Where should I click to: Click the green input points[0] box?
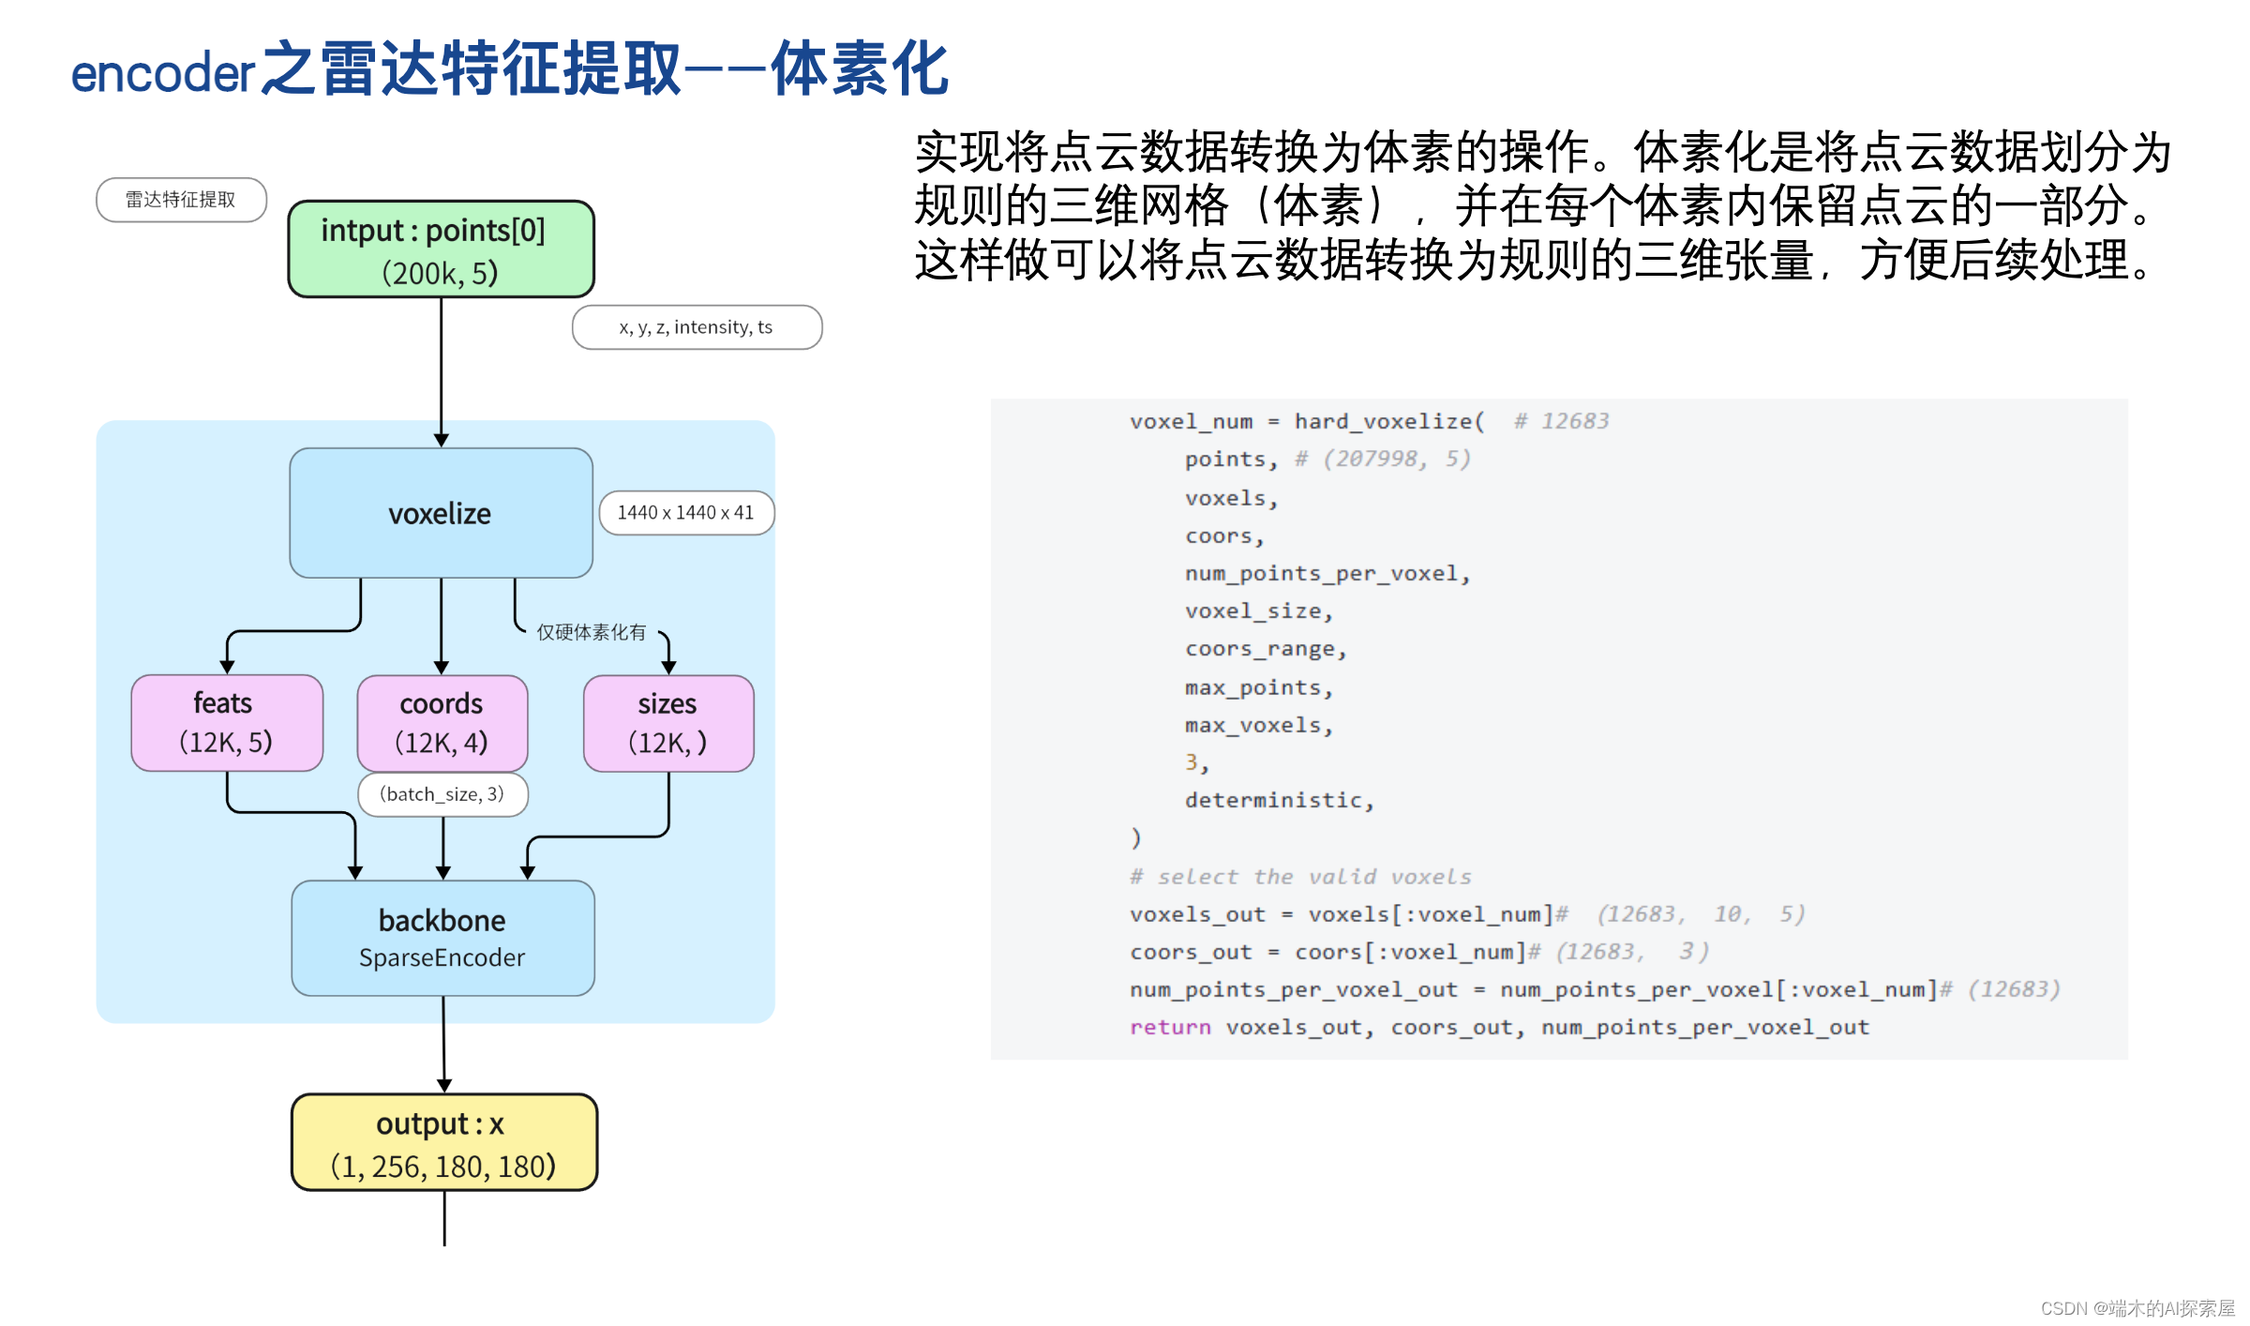(441, 249)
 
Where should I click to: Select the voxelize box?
(441, 513)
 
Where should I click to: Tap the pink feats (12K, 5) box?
(227, 723)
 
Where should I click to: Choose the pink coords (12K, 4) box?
(442, 723)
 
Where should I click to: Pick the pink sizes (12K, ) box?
(667, 723)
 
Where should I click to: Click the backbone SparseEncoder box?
(442, 938)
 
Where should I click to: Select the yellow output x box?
(443, 1143)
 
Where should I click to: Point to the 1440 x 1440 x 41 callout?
(686, 513)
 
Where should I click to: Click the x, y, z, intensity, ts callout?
(697, 327)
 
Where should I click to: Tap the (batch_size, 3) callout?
(442, 794)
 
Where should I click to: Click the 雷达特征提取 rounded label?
(181, 200)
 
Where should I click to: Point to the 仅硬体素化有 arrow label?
(591, 632)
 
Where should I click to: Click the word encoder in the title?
(162, 73)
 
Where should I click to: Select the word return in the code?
(1169, 1028)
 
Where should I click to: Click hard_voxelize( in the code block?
(1389, 422)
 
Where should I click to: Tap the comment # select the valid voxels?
(1299, 877)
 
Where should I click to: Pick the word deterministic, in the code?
(1279, 801)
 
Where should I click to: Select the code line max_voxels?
(1258, 726)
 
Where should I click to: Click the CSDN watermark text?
(2137, 1308)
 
